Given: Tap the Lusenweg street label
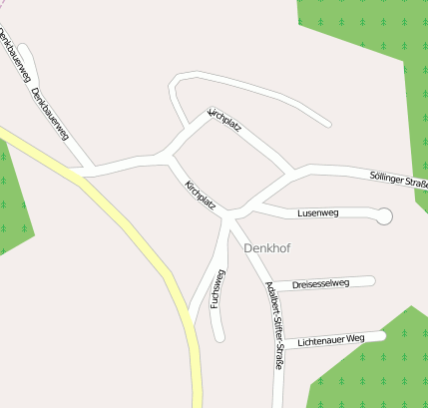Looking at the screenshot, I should [x=318, y=213].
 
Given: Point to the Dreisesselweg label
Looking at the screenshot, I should [x=320, y=284].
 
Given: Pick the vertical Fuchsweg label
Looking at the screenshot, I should [x=217, y=288].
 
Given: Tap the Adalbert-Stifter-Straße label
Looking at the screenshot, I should [x=273, y=326].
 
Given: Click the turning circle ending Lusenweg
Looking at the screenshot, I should [x=384, y=215].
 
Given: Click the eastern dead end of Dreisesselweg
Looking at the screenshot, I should [x=371, y=281].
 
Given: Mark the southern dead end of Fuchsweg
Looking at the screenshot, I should [x=218, y=336].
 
